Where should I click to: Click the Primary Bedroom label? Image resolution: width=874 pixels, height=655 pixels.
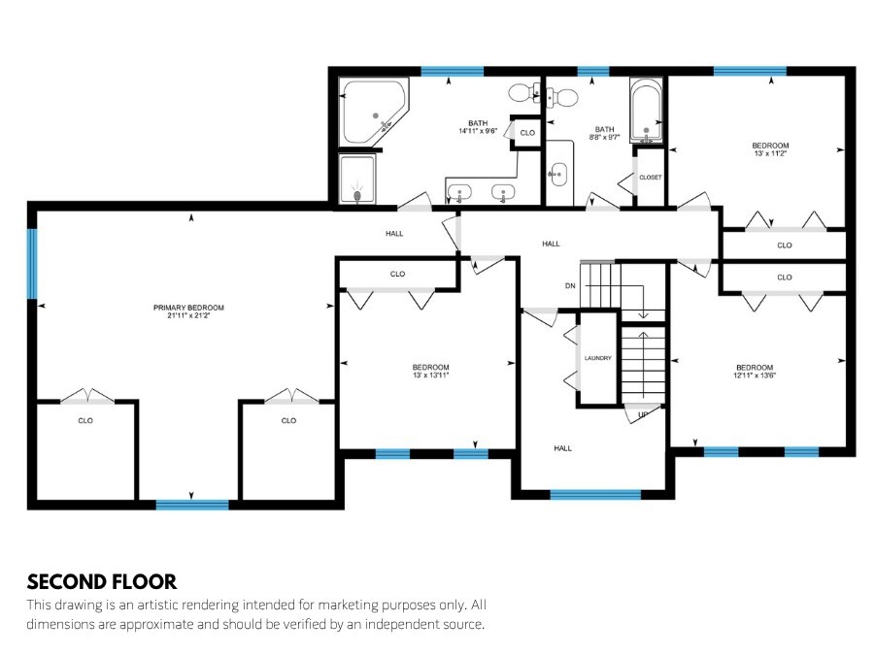[188, 308]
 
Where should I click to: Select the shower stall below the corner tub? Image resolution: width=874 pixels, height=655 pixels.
[357, 179]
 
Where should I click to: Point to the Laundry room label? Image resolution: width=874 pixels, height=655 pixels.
[597, 358]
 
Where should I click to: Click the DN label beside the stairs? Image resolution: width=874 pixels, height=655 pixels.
[570, 285]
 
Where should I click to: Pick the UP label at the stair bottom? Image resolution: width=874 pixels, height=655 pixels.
[643, 414]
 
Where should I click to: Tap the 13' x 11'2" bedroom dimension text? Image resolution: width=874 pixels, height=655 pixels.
[770, 153]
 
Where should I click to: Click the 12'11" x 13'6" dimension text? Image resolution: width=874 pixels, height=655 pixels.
[755, 376]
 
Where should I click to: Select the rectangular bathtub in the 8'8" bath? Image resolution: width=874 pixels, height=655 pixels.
[646, 111]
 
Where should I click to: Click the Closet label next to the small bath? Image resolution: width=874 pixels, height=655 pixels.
[651, 178]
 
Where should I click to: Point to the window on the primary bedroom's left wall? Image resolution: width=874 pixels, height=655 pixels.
[32, 263]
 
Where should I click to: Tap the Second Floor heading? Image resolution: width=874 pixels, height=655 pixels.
[101, 582]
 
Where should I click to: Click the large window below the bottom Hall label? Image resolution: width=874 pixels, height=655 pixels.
[595, 495]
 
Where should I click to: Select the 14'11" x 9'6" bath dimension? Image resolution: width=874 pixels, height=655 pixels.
[478, 131]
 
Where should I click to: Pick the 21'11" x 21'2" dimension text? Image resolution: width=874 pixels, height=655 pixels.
[188, 315]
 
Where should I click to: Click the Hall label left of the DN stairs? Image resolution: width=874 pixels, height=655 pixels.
[551, 244]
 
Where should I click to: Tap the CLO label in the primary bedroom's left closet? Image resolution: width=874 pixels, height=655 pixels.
[85, 420]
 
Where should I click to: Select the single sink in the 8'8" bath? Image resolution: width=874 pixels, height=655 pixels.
[557, 175]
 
